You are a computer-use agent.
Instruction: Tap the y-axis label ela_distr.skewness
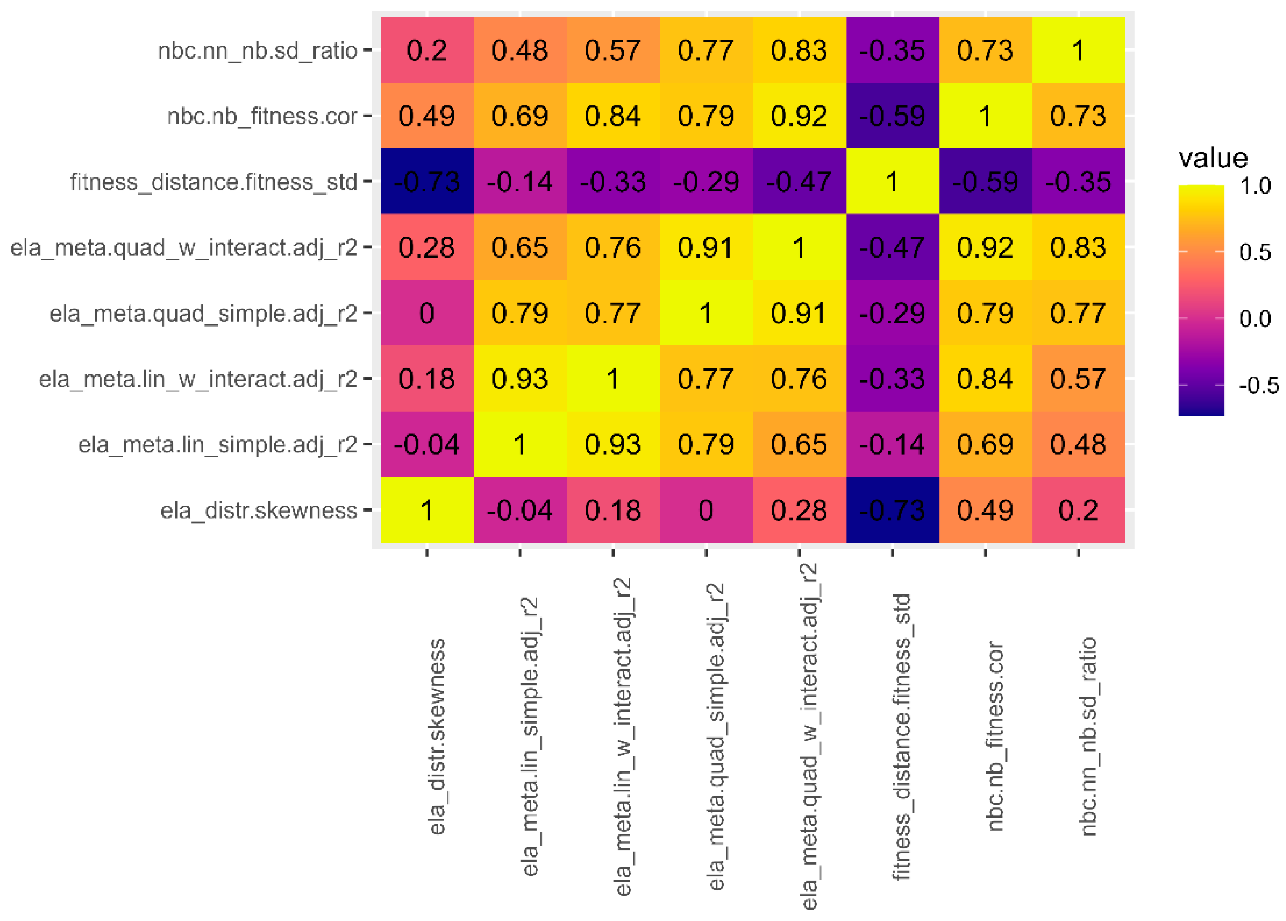tap(258, 510)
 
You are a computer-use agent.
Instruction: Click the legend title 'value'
tap(1213, 158)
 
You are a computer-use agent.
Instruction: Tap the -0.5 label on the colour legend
tap(1258, 385)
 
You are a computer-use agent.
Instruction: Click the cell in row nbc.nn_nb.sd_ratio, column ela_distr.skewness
tap(427, 50)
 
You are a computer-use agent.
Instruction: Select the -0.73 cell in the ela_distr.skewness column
tap(427, 182)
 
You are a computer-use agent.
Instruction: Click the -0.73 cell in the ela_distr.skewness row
tap(892, 510)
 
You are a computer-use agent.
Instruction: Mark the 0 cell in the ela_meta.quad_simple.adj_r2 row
tap(427, 313)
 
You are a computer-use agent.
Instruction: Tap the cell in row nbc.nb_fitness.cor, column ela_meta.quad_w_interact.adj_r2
tap(799, 116)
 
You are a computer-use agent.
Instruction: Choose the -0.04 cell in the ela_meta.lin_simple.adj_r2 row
tap(427, 444)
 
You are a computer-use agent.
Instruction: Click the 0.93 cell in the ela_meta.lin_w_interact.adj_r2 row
tap(520, 379)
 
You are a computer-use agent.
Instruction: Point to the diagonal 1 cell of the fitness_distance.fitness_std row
tap(892, 182)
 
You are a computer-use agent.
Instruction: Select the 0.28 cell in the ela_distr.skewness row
tap(799, 510)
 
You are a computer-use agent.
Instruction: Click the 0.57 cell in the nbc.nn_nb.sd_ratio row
tap(613, 50)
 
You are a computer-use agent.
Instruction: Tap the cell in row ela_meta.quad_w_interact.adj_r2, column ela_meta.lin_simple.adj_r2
tap(520, 247)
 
